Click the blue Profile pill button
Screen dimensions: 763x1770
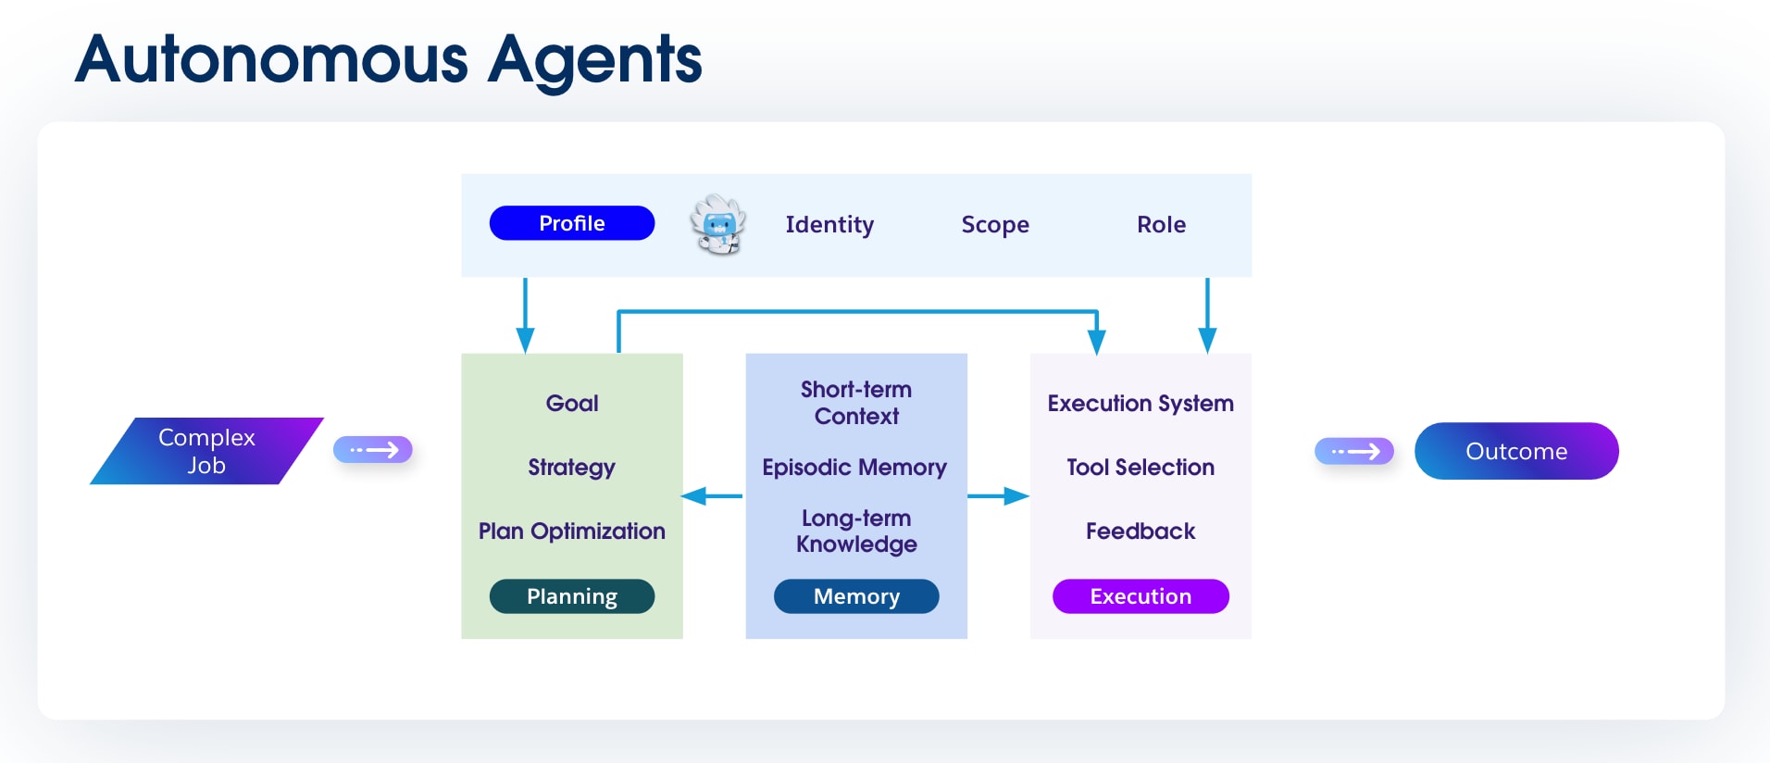571,223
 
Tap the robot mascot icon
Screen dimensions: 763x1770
718,224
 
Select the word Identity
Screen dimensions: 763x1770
829,225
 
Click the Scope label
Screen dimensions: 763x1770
995,225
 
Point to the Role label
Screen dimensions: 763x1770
1161,225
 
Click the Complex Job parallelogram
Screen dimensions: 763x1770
206,451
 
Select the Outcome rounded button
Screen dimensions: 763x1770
1515,451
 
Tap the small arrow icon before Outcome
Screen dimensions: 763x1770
1354,451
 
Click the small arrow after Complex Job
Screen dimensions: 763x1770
372,450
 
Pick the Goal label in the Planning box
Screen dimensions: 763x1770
572,404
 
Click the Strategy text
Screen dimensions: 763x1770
571,468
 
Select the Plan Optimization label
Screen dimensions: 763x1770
571,532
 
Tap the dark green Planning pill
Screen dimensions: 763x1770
571,596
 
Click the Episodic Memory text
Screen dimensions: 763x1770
854,468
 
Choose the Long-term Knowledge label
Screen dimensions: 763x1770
856,532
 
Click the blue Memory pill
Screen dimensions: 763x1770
856,596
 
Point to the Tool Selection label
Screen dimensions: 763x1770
1141,468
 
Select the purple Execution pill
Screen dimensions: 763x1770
1141,596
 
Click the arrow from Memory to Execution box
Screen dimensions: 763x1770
998,496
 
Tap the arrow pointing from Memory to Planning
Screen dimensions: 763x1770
712,496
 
